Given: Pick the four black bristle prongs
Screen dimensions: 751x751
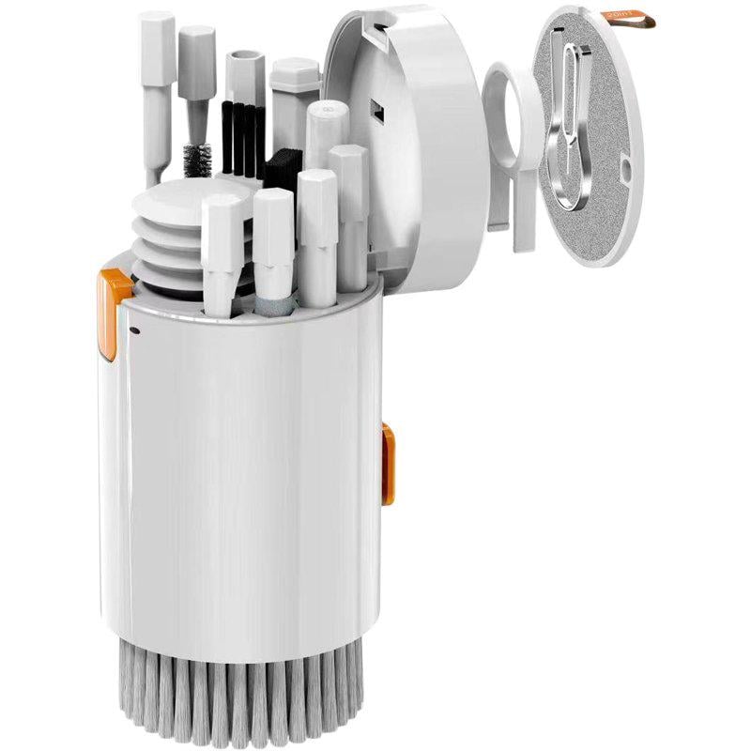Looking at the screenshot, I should tap(238, 139).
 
